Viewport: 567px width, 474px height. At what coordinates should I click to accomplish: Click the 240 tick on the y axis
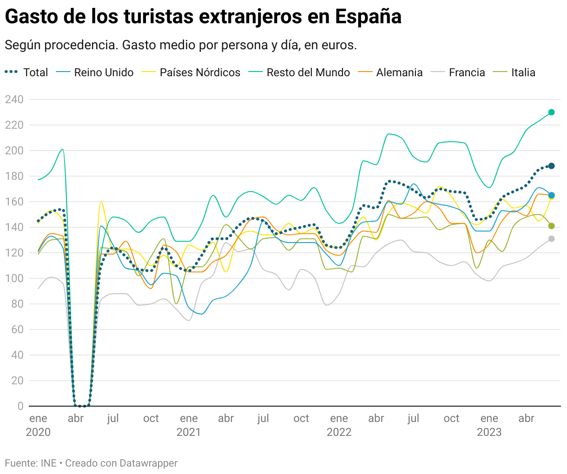coord(14,99)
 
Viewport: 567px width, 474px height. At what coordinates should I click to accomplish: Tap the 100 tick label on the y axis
coord(14,278)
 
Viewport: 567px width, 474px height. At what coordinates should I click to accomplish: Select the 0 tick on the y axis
coord(20,406)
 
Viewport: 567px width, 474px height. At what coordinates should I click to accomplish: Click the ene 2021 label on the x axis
coord(189,425)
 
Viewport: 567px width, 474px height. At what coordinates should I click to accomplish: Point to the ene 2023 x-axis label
coord(489,425)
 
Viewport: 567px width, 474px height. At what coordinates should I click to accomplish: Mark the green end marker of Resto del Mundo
coord(551,112)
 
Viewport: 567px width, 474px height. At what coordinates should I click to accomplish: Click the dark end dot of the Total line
coord(551,166)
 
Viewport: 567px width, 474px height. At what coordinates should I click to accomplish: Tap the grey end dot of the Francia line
coord(551,239)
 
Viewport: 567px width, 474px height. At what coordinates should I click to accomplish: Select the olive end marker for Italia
coord(551,226)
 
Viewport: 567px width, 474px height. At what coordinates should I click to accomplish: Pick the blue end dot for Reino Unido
coord(551,195)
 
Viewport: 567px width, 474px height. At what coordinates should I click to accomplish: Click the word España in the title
coord(368,17)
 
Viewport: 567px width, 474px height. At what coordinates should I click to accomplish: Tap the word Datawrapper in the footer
coord(148,463)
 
